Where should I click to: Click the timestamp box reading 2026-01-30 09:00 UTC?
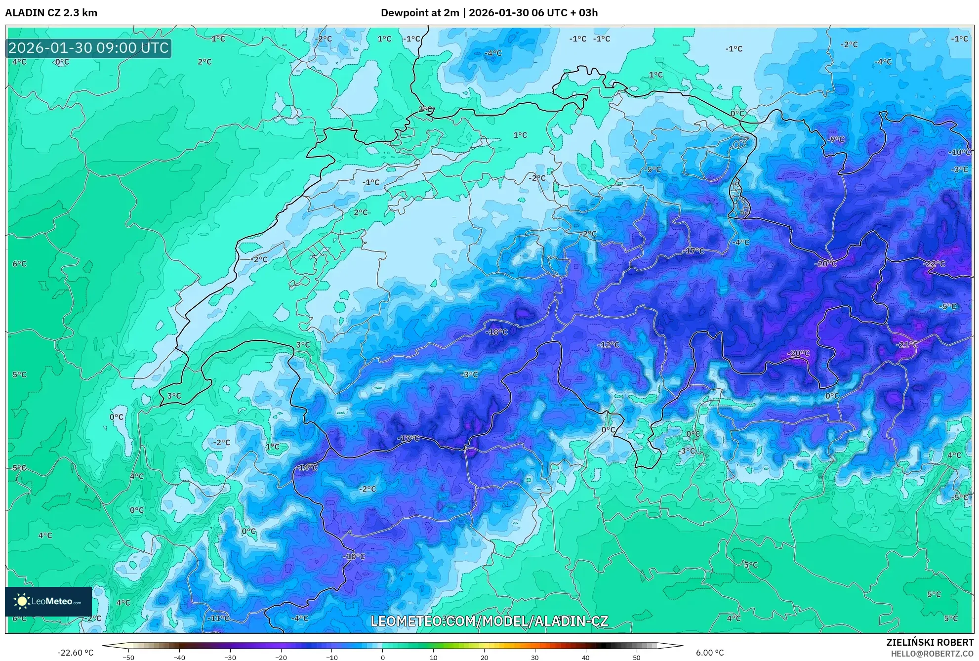click(88, 48)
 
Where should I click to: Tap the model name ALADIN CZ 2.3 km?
click(51, 13)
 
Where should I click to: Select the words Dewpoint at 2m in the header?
click(420, 13)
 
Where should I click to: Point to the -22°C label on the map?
click(934, 264)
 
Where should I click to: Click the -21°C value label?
click(907, 345)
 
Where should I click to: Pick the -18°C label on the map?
click(496, 332)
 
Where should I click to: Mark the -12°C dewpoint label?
click(609, 345)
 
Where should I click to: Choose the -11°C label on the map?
click(218, 618)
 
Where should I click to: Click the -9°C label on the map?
click(836, 139)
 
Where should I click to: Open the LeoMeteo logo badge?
click(48, 601)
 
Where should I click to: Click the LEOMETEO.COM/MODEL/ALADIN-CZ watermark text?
click(489, 621)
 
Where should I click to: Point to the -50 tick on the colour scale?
click(128, 658)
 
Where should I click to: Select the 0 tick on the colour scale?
click(382, 658)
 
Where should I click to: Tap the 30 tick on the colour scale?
click(535, 658)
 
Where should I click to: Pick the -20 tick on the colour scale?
click(281, 658)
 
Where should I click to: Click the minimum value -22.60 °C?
click(75, 653)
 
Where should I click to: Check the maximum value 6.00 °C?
click(710, 653)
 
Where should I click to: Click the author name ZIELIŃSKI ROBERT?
click(930, 642)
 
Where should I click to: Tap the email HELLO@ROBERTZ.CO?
click(932, 654)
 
